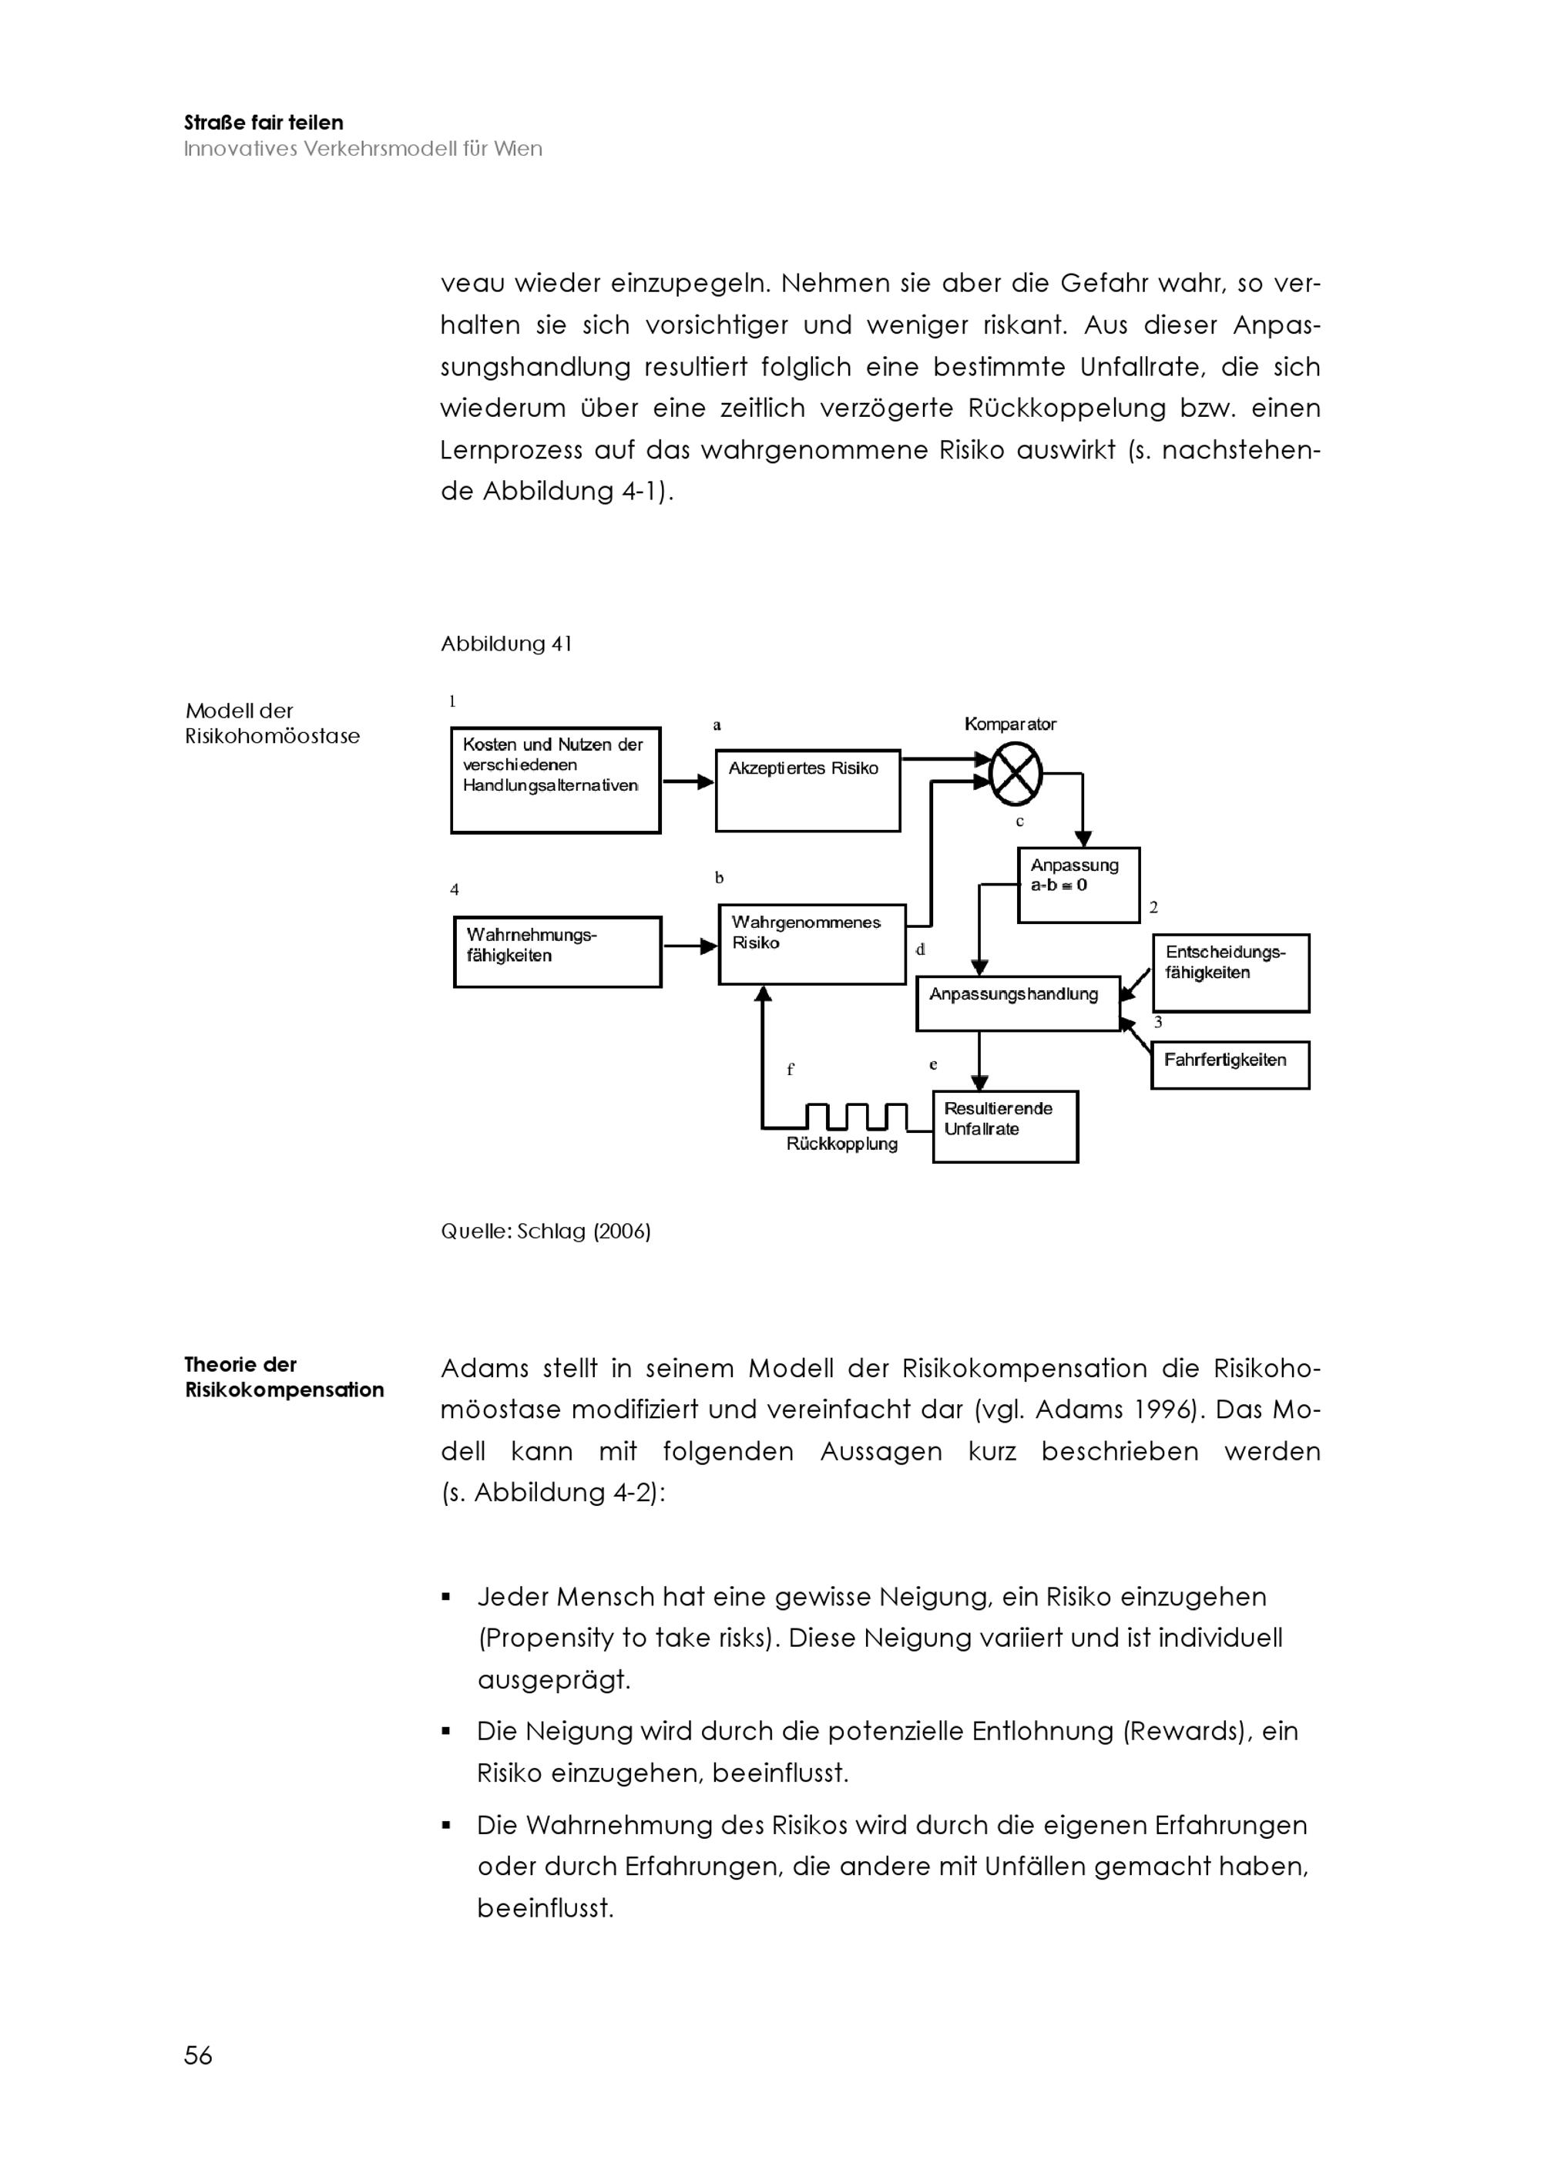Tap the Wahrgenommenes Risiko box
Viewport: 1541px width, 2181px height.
812,943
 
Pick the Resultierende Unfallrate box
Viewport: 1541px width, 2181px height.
1005,1126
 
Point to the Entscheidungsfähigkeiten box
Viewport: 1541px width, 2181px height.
1230,973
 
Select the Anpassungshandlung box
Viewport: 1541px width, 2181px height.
1017,1003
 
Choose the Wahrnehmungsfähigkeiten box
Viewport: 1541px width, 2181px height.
557,951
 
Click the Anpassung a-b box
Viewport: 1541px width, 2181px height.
1078,885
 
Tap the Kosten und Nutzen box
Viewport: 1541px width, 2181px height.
556,780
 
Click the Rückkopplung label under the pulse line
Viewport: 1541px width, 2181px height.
841,1144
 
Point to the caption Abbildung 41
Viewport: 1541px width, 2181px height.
506,644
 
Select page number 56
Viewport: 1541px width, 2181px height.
199,2055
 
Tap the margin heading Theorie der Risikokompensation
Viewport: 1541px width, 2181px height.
284,1376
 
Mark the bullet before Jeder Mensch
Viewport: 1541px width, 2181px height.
446,1597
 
